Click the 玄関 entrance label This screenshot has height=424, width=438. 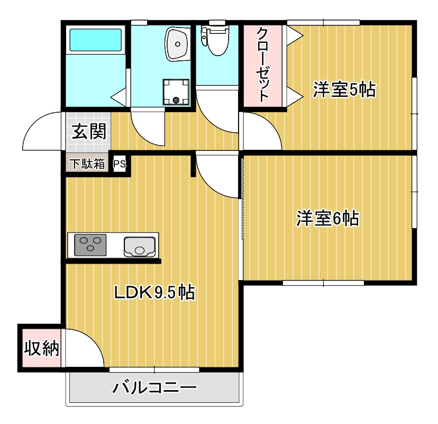(88, 131)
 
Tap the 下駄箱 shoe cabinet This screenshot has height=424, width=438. (88, 164)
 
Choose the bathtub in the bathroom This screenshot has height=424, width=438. (95, 39)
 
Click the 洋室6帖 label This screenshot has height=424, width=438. (327, 218)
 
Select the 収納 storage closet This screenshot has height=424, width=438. (41, 348)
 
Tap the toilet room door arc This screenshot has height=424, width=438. (217, 109)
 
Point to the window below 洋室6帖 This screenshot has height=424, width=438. (324, 283)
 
